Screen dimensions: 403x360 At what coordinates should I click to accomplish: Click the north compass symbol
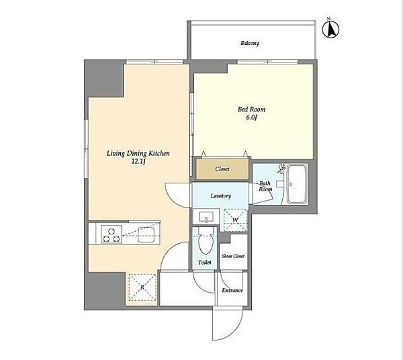(330, 28)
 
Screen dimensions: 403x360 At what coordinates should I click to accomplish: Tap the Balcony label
(250, 43)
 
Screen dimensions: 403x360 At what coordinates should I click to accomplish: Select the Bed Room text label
(251, 109)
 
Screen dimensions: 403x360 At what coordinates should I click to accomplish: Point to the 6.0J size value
(252, 118)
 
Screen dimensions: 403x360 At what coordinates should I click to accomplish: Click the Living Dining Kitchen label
(138, 153)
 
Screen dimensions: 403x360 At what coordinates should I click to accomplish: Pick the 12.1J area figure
(138, 162)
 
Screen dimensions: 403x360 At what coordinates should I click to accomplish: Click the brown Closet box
(222, 169)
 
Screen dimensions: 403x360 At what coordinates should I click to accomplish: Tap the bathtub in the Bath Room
(297, 184)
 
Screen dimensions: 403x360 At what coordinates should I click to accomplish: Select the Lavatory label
(221, 196)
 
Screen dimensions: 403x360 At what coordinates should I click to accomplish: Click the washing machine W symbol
(235, 220)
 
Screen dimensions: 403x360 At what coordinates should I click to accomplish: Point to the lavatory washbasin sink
(206, 217)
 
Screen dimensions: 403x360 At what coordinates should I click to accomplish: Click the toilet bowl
(205, 242)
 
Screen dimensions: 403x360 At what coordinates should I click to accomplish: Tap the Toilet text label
(205, 263)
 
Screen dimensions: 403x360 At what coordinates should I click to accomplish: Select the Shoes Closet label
(233, 256)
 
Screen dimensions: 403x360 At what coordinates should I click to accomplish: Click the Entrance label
(232, 290)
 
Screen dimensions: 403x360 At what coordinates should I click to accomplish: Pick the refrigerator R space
(142, 287)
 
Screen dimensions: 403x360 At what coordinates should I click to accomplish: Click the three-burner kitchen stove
(111, 234)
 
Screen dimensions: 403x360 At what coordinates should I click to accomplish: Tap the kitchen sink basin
(146, 235)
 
